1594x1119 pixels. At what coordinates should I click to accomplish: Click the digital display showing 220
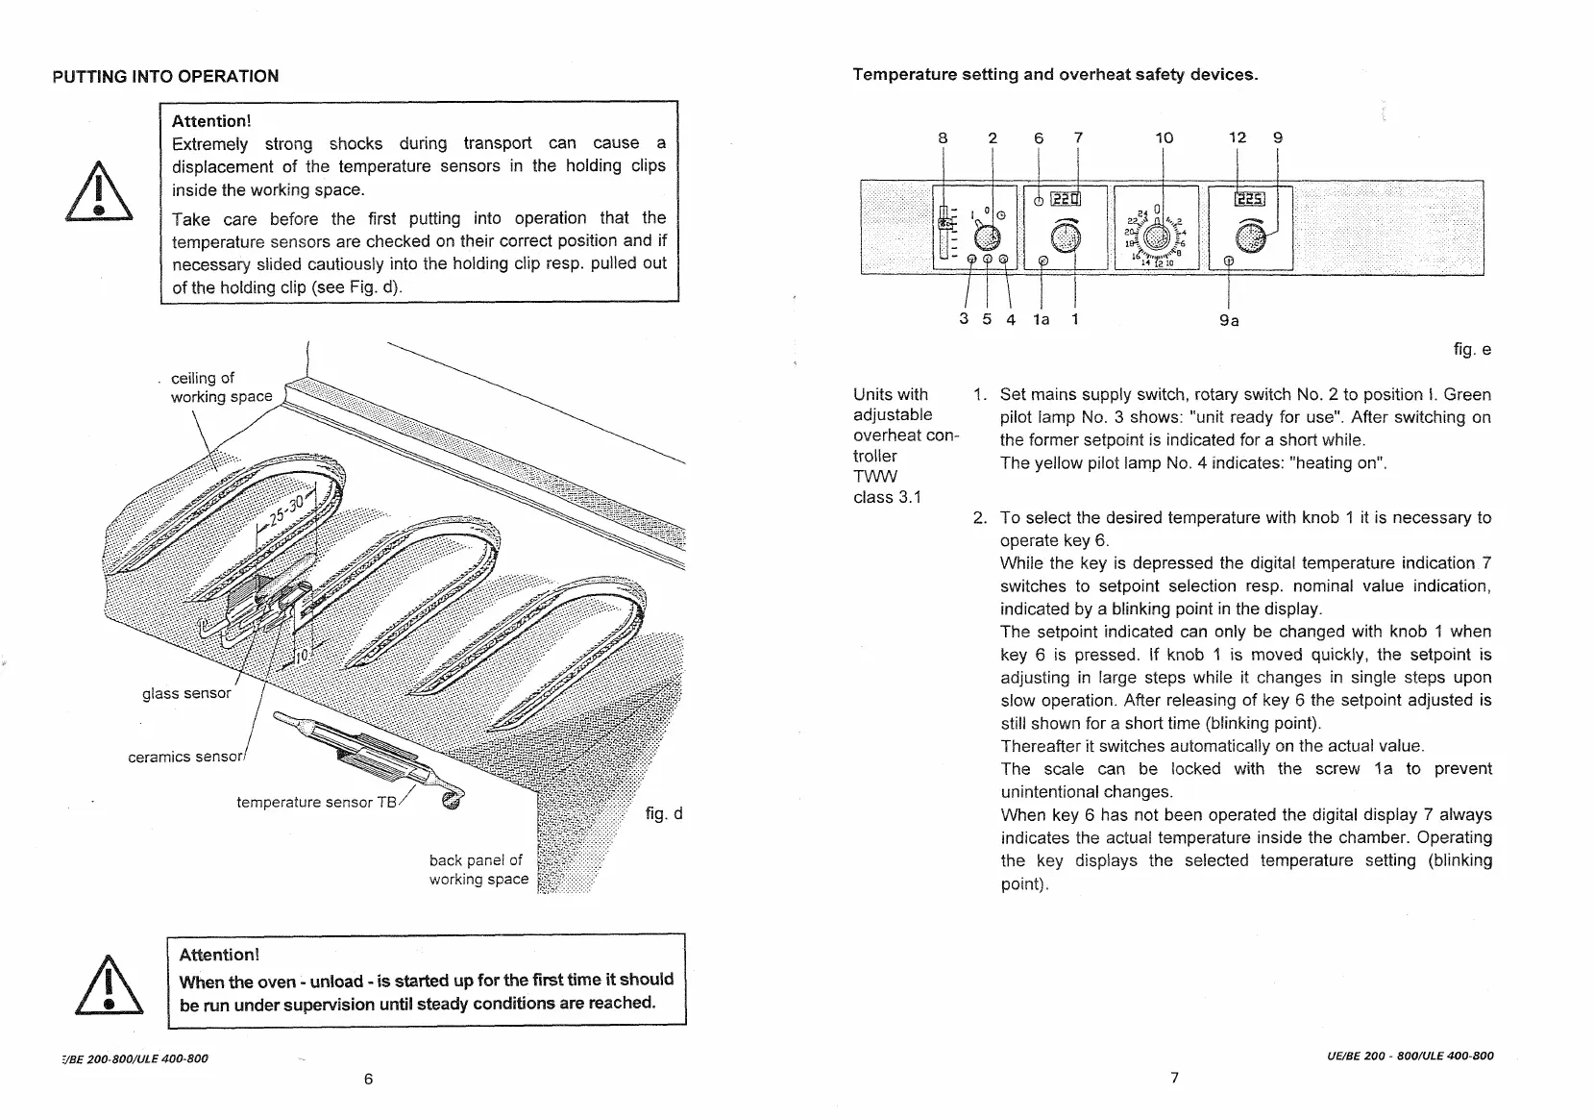1066,200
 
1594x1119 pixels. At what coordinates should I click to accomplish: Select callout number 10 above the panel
1164,137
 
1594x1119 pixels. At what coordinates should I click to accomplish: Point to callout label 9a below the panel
1229,320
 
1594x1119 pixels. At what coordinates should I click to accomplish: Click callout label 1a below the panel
1041,319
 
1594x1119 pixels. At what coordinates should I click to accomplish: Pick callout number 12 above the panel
1238,137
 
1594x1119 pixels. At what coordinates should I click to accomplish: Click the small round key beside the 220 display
1039,201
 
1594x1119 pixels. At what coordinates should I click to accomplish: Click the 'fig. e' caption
1472,350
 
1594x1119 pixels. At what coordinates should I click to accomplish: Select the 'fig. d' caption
664,814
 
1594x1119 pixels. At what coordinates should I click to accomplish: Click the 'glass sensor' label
186,693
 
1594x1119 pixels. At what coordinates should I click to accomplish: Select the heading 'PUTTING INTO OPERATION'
165,76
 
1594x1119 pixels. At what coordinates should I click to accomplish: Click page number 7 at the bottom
1174,1077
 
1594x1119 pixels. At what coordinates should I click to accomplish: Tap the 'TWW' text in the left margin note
874,476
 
